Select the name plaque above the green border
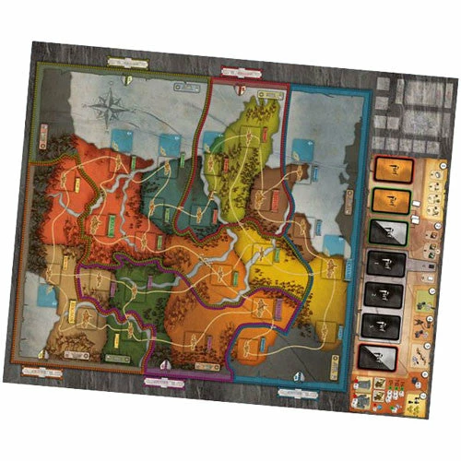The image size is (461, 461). pos(127,62)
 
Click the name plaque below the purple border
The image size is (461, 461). pos(162,377)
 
